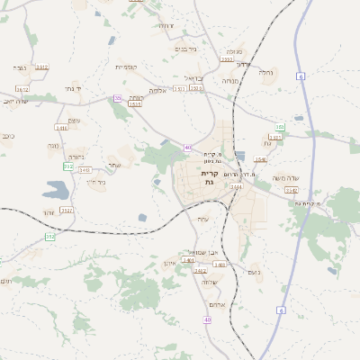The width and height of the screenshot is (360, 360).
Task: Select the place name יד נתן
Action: click(x=73, y=89)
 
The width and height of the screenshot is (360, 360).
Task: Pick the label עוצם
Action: click(x=74, y=121)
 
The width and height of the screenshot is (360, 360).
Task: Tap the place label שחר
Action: click(x=113, y=166)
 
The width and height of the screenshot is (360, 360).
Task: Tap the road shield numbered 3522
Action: click(x=67, y=210)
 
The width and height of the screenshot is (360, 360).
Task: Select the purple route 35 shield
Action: click(x=118, y=97)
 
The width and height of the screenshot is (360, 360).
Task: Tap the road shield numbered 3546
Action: click(x=260, y=159)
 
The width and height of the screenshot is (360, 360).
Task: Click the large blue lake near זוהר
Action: click(x=55, y=189)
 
